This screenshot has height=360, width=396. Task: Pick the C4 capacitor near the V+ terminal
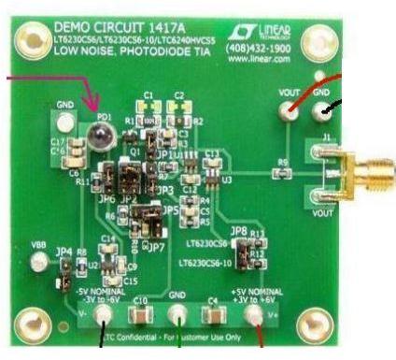(x=214, y=315)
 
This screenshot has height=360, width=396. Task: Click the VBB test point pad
(x=38, y=263)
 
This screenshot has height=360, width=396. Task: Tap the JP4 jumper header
(x=64, y=265)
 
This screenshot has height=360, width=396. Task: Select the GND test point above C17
(x=64, y=121)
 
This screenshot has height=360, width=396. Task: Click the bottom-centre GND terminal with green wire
(x=178, y=315)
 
